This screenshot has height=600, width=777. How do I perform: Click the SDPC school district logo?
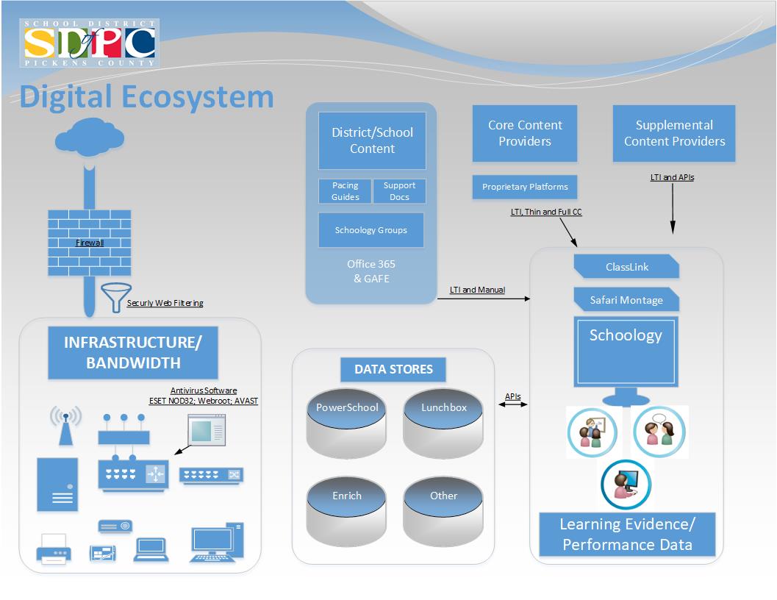(89, 43)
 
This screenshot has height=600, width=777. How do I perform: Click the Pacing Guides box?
(345, 191)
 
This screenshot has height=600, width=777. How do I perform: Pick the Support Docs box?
(399, 191)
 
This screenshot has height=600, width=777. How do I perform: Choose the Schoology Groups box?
(371, 230)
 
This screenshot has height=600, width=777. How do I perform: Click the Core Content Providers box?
(524, 133)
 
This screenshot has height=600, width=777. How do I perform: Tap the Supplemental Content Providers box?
(674, 133)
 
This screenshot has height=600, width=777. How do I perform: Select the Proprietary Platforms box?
(524, 187)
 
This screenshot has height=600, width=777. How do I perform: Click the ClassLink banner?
(626, 267)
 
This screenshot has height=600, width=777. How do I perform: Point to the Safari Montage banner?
(626, 300)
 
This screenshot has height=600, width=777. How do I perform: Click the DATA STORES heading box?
(393, 369)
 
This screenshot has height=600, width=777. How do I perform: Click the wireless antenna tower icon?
(65, 426)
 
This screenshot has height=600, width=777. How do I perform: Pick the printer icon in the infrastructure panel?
(54, 550)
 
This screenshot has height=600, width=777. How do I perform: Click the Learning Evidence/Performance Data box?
(626, 535)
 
